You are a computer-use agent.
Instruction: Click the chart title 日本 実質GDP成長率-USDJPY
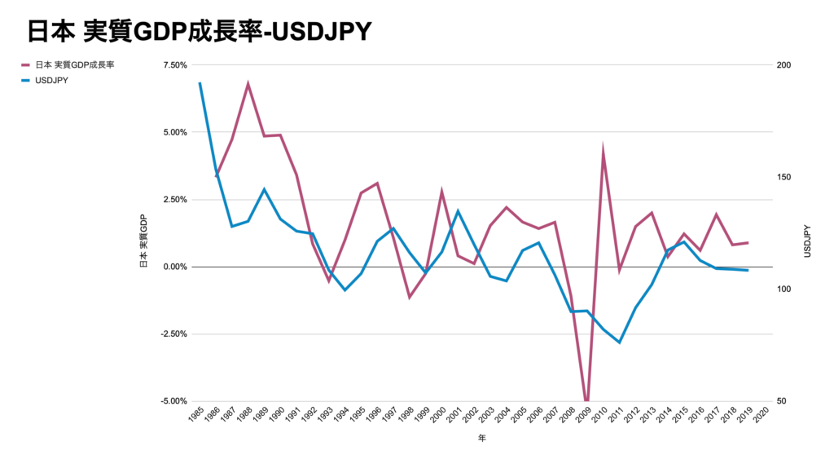click(199, 31)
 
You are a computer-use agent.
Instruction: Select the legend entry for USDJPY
click(51, 81)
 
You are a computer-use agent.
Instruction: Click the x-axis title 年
click(481, 438)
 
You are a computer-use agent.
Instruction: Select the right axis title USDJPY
click(807, 241)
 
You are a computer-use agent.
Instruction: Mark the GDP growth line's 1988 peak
click(248, 84)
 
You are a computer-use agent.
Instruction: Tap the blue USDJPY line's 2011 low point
click(619, 342)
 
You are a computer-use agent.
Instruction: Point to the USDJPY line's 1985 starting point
click(200, 83)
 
